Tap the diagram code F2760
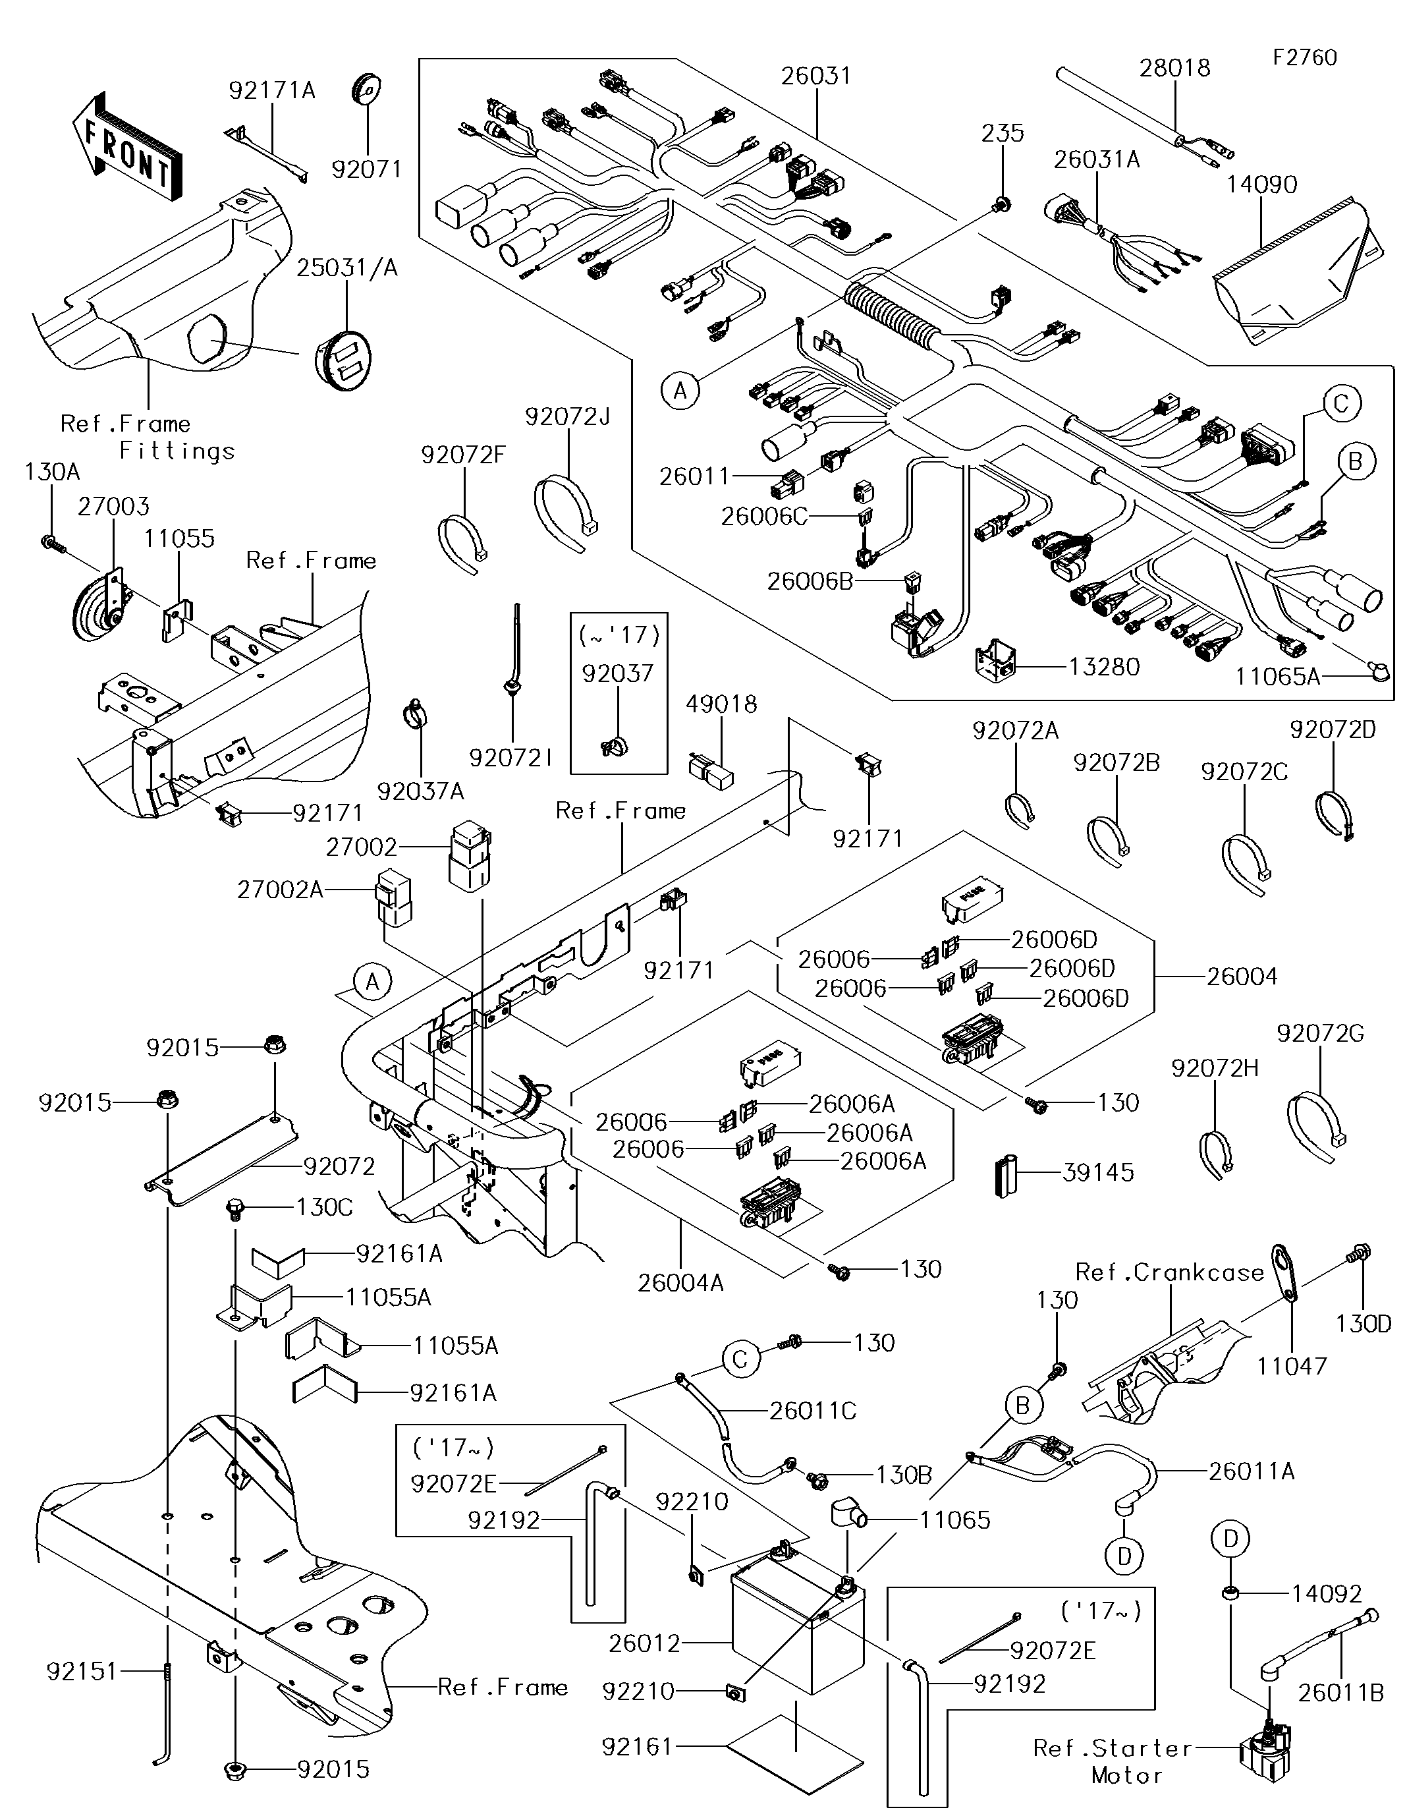pyautogui.click(x=1304, y=57)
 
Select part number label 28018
pyautogui.click(x=1174, y=68)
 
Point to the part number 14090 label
pyautogui.click(x=1261, y=184)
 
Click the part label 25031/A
pyautogui.click(x=348, y=268)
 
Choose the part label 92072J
pyautogui.click(x=568, y=416)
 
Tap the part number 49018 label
pyautogui.click(x=721, y=704)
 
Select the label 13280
pyautogui.click(x=1103, y=667)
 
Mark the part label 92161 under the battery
pyautogui.click(x=636, y=1746)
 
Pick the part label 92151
pyautogui.click(x=82, y=1671)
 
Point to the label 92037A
pyautogui.click(x=420, y=791)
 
